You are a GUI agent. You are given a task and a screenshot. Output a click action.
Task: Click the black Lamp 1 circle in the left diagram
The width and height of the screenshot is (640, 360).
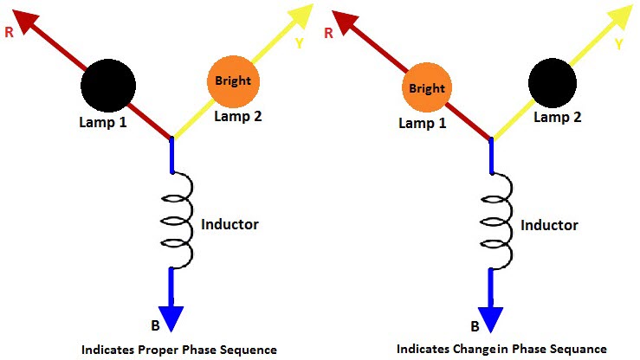click(108, 85)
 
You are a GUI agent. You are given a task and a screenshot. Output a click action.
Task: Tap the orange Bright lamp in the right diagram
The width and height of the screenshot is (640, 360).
click(426, 88)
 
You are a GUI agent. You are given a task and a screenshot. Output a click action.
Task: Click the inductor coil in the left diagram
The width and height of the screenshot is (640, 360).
click(178, 220)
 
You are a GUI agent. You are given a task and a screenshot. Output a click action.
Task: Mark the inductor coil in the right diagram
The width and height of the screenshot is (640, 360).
click(499, 220)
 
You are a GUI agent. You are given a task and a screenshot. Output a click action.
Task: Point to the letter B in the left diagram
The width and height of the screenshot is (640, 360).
click(154, 326)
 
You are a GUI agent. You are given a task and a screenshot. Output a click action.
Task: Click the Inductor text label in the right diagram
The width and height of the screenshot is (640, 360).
click(549, 225)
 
